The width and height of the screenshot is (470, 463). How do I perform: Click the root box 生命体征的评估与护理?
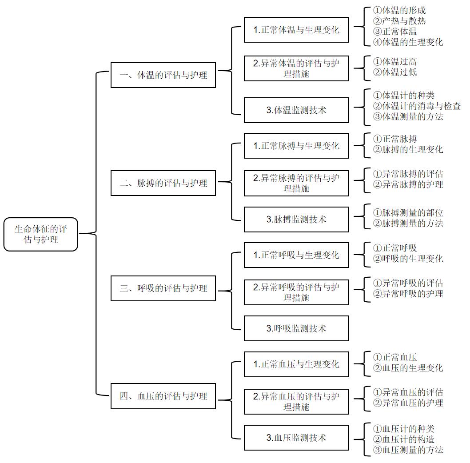(x=41, y=234)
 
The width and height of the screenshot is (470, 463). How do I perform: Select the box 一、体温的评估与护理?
(x=163, y=75)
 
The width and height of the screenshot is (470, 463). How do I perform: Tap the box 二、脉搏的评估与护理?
(x=163, y=183)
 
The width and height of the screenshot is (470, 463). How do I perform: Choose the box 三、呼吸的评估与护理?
(x=163, y=288)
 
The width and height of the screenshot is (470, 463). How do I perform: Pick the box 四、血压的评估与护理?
(x=163, y=396)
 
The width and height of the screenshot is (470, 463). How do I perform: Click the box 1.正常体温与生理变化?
(x=296, y=30)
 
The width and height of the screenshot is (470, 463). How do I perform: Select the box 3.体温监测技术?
(x=296, y=110)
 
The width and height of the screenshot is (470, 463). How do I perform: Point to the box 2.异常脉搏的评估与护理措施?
(x=296, y=183)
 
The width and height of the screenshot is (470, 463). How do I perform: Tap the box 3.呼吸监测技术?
(x=296, y=328)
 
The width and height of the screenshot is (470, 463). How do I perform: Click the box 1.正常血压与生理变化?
(x=296, y=364)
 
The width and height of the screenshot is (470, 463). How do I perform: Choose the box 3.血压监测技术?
(x=296, y=438)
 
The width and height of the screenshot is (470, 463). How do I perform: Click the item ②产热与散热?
(x=400, y=21)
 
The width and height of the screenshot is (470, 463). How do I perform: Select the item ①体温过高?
(x=395, y=62)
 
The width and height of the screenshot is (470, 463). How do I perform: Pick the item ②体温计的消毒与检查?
(x=417, y=106)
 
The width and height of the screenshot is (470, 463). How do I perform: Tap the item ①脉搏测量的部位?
(x=408, y=213)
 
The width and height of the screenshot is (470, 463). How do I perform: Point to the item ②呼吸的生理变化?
(x=408, y=259)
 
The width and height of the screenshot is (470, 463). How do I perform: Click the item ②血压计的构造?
(x=403, y=439)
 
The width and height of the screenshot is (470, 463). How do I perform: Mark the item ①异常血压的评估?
(x=408, y=392)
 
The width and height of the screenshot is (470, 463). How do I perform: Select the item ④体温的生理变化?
(x=408, y=42)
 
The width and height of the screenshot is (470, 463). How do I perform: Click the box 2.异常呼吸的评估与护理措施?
(x=296, y=292)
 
